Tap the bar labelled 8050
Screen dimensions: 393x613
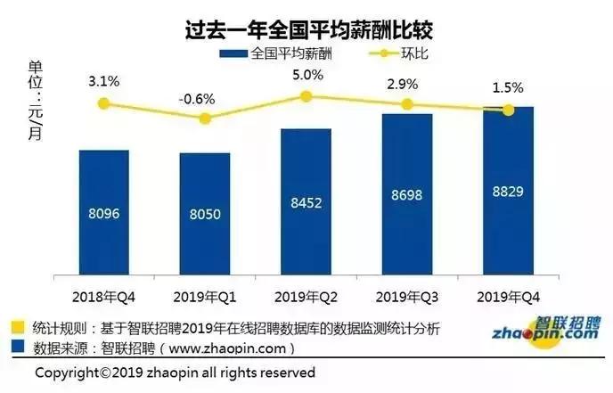(x=204, y=213)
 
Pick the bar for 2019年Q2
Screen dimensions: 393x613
(x=306, y=201)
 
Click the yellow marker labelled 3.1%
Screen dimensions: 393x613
(x=103, y=104)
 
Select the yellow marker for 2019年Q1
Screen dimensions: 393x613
(x=204, y=119)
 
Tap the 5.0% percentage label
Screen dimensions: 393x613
(x=306, y=75)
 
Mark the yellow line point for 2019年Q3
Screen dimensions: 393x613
(x=406, y=104)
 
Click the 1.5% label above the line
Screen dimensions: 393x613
(x=508, y=89)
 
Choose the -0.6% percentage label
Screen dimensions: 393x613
(x=204, y=99)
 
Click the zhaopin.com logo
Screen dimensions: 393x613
(x=544, y=332)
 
